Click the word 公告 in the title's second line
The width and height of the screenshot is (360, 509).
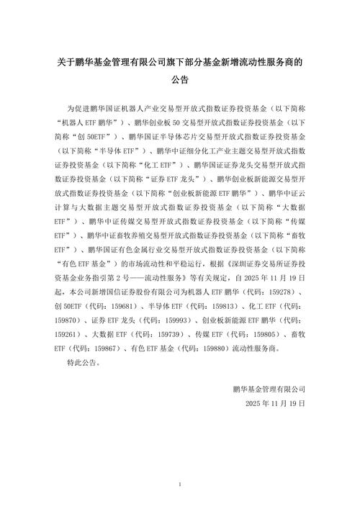tap(180, 81)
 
